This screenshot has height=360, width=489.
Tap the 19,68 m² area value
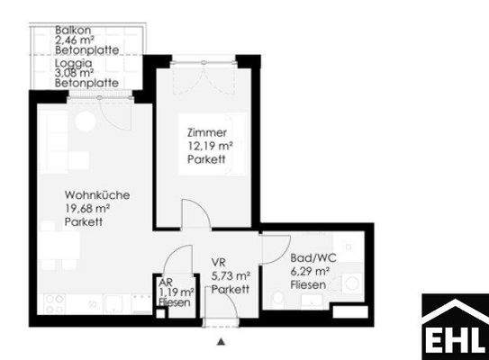pos(87,209)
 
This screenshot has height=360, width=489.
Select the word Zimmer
pos(205,131)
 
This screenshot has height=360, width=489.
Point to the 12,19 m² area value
pos(211,146)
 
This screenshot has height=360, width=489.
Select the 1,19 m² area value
pos(177,292)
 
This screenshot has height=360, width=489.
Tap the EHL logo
pos(455,327)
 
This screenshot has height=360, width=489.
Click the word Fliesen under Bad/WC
pos(308,284)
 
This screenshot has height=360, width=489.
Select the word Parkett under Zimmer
pos(205,160)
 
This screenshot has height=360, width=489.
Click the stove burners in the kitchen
pos(55,301)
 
